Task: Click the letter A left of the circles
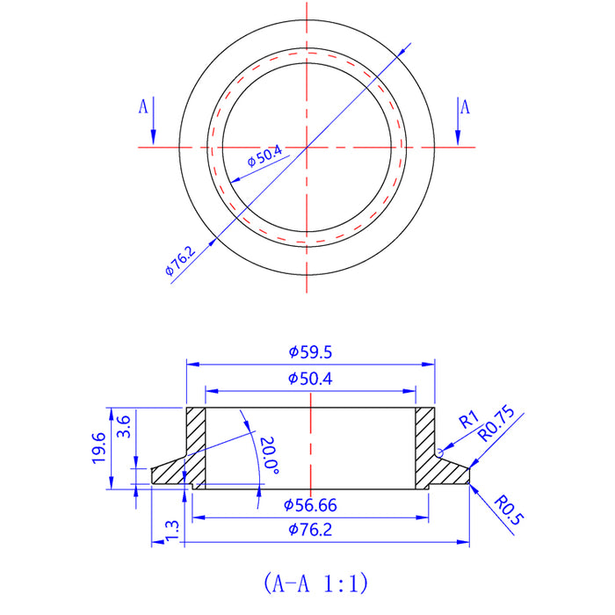pyautogui.click(x=143, y=106)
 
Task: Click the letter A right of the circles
pyautogui.click(x=465, y=106)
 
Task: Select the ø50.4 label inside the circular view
pyautogui.click(x=264, y=158)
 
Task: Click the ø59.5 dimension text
pyautogui.click(x=310, y=351)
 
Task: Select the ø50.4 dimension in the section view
pyautogui.click(x=310, y=379)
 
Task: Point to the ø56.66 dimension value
pyautogui.click(x=310, y=505)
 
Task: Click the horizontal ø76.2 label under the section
pyautogui.click(x=310, y=530)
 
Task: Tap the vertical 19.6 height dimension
pyautogui.click(x=98, y=448)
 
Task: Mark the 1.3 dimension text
pyautogui.click(x=170, y=531)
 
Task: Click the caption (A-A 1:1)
pyautogui.click(x=314, y=582)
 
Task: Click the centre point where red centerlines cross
pyautogui.click(x=307, y=147)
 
